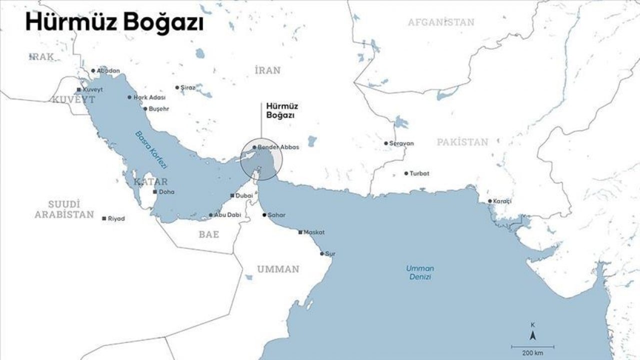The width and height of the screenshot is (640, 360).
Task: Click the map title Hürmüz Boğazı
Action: [114, 23]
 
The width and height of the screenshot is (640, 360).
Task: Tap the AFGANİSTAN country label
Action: [441, 22]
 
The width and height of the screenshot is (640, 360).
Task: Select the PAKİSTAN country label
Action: [462, 142]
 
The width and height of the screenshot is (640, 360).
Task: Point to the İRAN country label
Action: [267, 70]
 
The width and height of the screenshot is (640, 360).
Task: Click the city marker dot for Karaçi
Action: [490, 201]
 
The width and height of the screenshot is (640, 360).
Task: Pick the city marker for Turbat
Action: [406, 173]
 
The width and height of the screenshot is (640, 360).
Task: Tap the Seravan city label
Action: [402, 143]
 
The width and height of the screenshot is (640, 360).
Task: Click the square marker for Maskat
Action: [300, 232]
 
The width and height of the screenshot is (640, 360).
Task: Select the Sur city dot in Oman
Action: [322, 253]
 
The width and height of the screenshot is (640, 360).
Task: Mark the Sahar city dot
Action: [264, 215]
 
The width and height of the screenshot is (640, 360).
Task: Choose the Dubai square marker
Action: [232, 195]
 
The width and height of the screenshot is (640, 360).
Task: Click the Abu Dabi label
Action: [227, 215]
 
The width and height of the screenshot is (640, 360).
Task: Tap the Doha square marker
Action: [155, 192]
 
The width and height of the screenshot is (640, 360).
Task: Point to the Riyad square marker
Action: [104, 218]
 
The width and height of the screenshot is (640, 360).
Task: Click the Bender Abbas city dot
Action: [254, 147]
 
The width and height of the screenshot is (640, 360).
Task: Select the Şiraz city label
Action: [187, 87]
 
